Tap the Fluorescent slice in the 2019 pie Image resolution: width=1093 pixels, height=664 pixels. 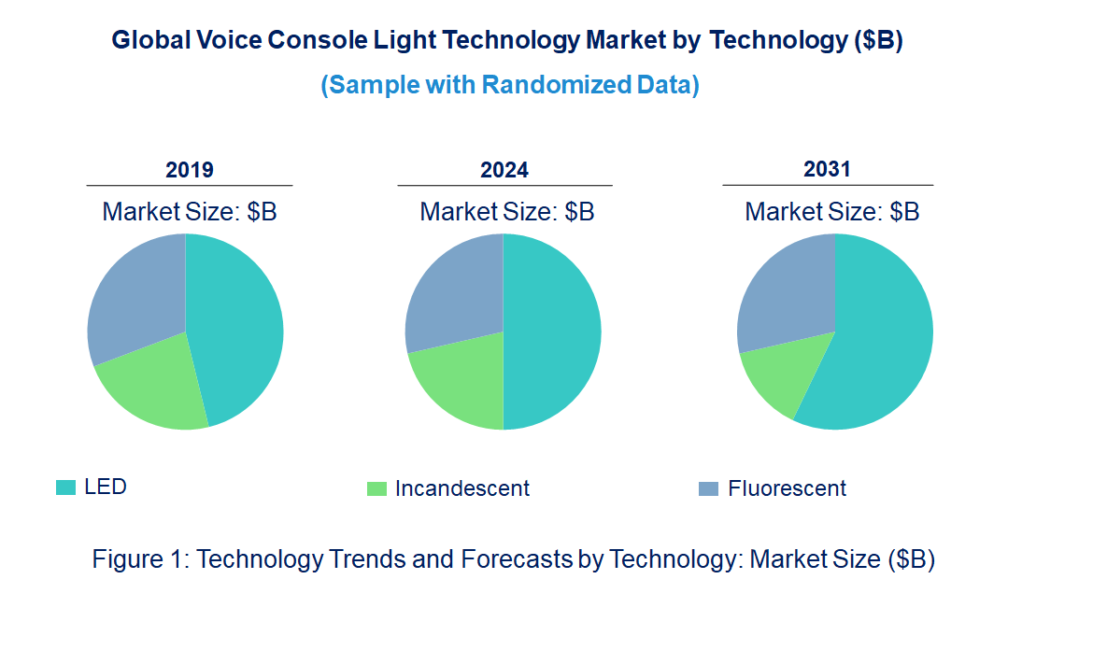point(135,294)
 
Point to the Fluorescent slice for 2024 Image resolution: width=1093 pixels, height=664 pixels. point(453,290)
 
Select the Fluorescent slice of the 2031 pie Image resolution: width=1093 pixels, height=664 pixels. point(785,290)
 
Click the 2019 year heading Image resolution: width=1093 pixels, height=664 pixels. point(190,170)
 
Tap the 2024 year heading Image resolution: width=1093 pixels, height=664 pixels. point(504,170)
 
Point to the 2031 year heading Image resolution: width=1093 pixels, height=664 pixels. point(828,169)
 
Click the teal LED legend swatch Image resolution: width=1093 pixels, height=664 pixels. point(65,487)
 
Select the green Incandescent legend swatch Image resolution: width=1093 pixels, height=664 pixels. point(376,488)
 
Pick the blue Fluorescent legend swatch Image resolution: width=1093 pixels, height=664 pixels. point(709,488)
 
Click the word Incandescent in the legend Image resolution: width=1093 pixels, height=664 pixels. point(462,488)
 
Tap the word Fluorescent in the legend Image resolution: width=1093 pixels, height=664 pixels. point(788,488)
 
